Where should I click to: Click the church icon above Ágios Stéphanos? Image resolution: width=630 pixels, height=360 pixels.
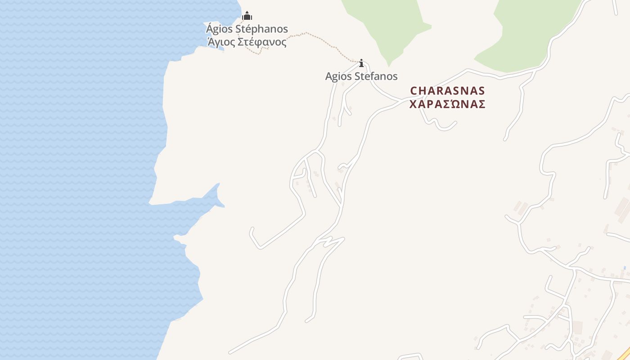[x=247, y=16]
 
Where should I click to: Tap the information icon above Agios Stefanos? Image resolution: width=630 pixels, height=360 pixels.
[x=361, y=63]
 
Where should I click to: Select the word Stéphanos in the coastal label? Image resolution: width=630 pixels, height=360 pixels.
[x=262, y=29]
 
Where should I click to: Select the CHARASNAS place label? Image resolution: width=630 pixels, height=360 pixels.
[x=448, y=91]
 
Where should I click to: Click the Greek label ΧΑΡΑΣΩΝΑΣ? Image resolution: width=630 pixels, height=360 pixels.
[x=448, y=104]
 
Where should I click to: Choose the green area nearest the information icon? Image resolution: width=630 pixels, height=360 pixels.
[x=387, y=27]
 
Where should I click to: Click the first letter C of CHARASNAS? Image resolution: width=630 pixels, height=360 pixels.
[x=414, y=91]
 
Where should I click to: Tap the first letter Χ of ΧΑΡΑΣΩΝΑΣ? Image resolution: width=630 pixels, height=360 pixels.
[x=413, y=104]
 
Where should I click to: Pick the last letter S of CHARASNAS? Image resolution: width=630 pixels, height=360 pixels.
[x=481, y=91]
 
